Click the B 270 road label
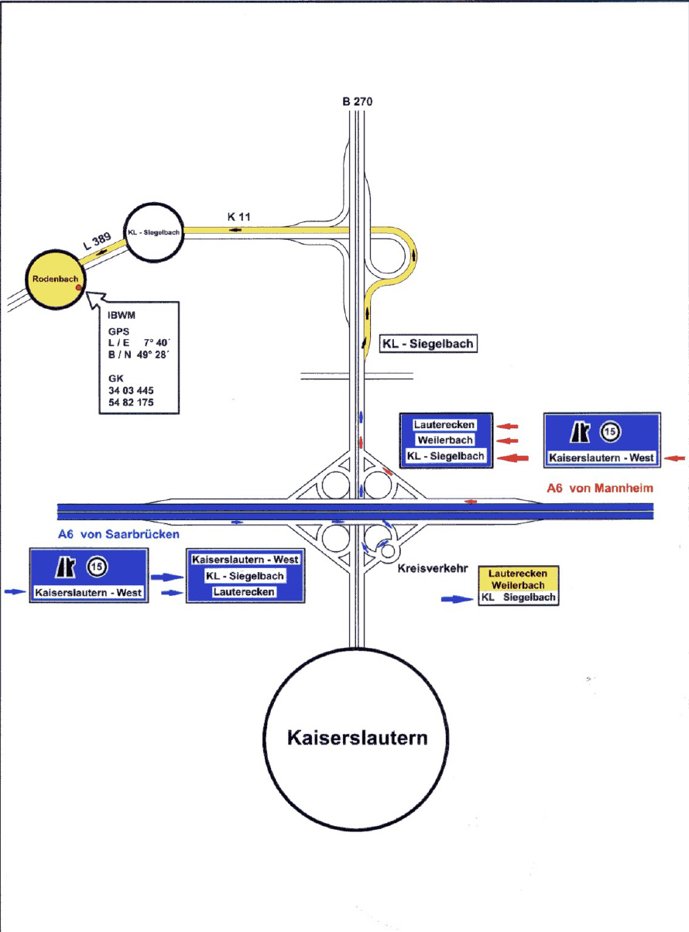358,101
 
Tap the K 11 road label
238,217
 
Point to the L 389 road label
97,242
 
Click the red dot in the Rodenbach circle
78,287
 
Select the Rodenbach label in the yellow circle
55,279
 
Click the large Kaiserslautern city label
358,738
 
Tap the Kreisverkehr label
433,568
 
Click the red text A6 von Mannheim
600,488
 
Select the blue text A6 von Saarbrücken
118,534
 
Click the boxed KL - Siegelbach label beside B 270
428,344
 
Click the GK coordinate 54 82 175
131,402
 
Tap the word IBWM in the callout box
122,315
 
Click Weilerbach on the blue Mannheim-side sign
445,440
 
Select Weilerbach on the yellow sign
518,585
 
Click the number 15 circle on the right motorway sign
610,431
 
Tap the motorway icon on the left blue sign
66,567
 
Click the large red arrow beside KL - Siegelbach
512,458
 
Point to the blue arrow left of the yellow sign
457,599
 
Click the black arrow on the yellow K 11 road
235,230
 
